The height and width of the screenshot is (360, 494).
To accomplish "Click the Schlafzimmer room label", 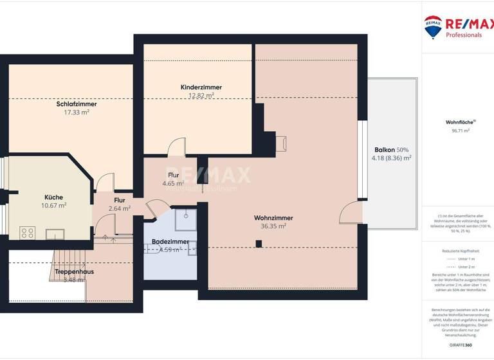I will tap(77, 103).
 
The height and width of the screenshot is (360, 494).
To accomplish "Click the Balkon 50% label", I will tap(390, 148).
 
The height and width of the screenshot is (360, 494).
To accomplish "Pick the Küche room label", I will tap(53, 197).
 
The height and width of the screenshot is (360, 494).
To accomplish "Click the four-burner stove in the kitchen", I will tap(27, 233).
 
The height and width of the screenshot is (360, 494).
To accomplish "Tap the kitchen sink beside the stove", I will tap(54, 233).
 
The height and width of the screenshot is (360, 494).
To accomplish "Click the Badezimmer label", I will tap(170, 242).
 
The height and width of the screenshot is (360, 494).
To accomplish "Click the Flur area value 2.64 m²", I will tap(119, 208).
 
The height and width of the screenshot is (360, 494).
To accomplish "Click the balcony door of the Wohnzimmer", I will tap(352, 213).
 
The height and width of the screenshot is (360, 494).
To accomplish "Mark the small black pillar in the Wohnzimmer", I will tap(259, 243).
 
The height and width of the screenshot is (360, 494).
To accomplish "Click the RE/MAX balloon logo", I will tap(432, 26).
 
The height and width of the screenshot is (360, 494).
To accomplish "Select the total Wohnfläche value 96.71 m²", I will tap(457, 130).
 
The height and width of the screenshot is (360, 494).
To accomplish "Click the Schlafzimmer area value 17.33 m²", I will tap(77, 112).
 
